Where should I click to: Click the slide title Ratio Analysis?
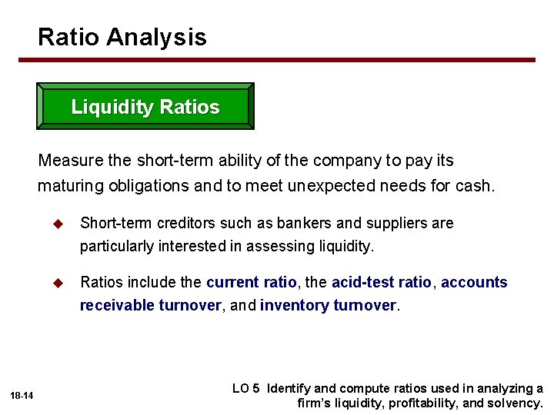tap(122, 37)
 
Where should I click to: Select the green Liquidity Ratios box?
tap(145, 107)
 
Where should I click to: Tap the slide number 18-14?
tap(22, 396)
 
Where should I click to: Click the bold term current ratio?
tap(251, 282)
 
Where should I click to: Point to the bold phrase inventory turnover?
tap(329, 305)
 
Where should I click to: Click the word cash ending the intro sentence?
tap(475, 185)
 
